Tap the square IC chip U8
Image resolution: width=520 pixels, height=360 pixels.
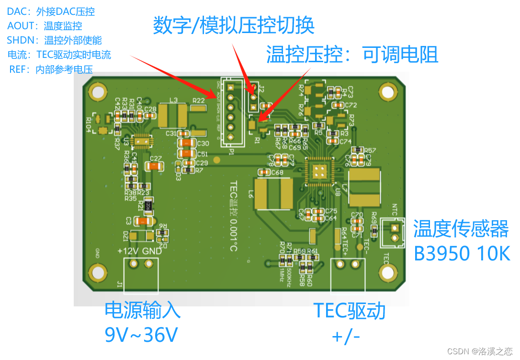pos(319,171)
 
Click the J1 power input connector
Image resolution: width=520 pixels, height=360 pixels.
pos(141,274)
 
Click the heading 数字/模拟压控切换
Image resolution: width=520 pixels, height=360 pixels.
pos(234,25)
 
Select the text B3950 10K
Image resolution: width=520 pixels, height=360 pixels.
pos(462,254)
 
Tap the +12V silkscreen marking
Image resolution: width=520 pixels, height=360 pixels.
pos(128,251)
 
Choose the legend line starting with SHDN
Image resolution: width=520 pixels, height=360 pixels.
pos(54,40)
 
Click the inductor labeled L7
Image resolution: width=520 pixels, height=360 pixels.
pos(364,188)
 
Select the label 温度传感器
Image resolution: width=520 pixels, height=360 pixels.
pos(461,229)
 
